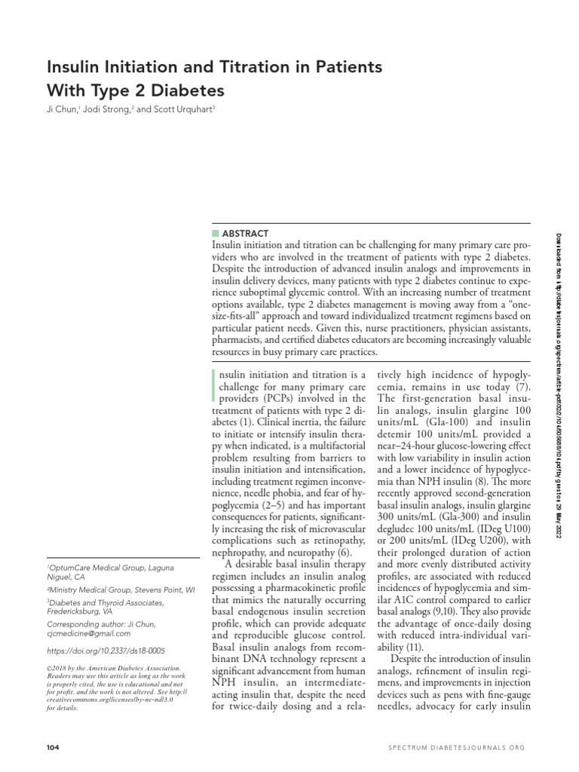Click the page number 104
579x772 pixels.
coord(53,746)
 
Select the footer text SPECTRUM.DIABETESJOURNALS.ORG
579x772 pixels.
coord(457,746)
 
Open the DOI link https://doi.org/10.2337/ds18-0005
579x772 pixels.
coord(106,650)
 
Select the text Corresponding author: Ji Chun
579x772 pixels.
coord(102,625)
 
